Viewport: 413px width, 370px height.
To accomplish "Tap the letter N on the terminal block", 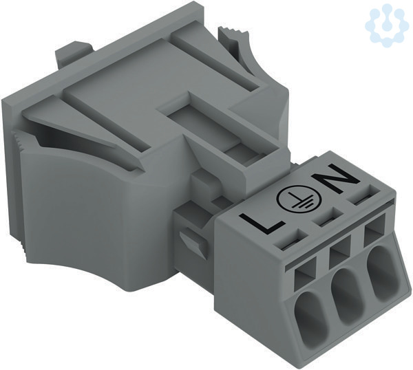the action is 335,176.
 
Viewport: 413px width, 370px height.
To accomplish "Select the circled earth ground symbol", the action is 299,198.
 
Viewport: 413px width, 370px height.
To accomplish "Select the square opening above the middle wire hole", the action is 340,250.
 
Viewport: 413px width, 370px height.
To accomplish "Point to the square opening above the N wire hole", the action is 374,229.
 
